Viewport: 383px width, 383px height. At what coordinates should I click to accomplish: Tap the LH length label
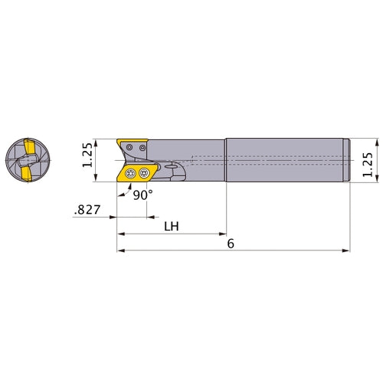172,228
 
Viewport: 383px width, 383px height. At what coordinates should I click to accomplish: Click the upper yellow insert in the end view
25,146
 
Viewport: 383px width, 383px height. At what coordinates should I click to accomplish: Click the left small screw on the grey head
131,145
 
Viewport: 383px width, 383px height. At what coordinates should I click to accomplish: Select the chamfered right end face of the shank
349,160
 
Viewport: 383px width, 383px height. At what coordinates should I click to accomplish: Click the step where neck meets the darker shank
225,160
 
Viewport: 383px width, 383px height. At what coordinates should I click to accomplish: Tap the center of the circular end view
25,160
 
